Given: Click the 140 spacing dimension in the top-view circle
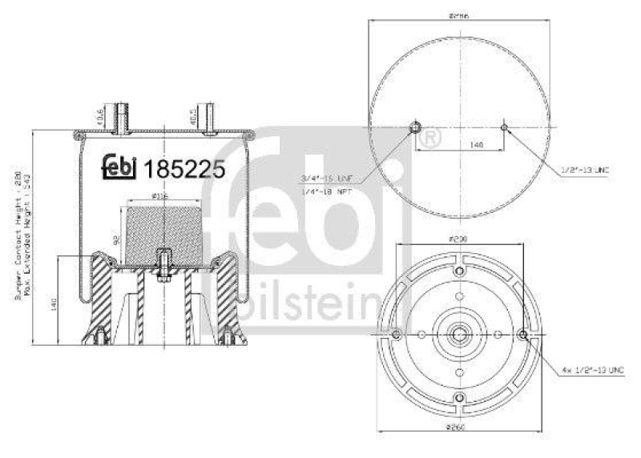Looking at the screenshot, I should pos(454,145).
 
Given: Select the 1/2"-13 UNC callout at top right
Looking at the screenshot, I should pos(586,169).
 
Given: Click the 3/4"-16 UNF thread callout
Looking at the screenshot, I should pos(327,176).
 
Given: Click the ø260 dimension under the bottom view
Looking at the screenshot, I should pos(458,436).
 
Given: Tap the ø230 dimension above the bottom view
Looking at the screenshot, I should pos(458,239).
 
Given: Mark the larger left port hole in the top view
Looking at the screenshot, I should pos(415,127).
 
